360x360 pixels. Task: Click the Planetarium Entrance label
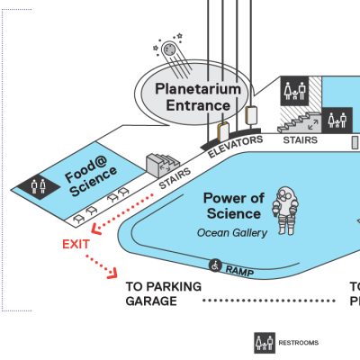(x=198, y=97)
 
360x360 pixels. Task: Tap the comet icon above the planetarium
(x=173, y=56)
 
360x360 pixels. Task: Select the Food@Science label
(x=91, y=176)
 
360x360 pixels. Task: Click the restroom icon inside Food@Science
(x=39, y=186)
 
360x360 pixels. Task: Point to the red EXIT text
(x=76, y=245)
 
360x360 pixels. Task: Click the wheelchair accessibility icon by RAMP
(x=215, y=265)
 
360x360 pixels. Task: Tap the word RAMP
(x=239, y=271)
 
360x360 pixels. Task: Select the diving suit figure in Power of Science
(x=285, y=211)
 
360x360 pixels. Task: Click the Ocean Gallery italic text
(x=232, y=233)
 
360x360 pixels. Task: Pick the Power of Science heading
(x=233, y=206)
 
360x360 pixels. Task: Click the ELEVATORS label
(x=236, y=147)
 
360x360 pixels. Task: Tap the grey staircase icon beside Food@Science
(x=162, y=166)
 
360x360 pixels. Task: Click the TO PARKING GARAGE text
(x=164, y=293)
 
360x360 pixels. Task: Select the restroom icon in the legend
(x=265, y=343)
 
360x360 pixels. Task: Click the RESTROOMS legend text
(x=299, y=343)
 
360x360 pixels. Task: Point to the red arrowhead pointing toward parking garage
(x=113, y=274)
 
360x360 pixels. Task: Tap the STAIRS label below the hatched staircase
(x=301, y=140)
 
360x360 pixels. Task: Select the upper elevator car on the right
(x=251, y=115)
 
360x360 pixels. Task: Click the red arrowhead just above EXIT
(x=96, y=229)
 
